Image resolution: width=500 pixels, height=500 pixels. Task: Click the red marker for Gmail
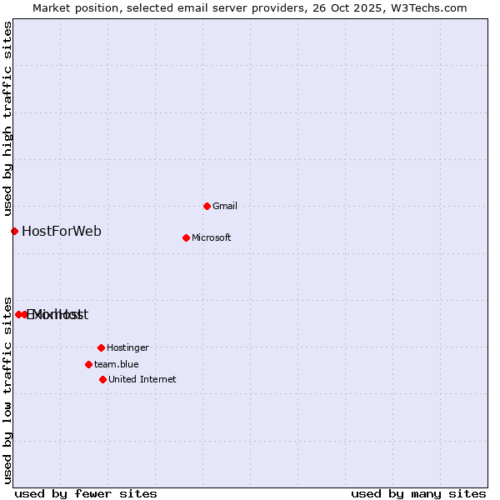pos(207,206)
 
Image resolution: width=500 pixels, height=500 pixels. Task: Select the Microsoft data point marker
pos(186,237)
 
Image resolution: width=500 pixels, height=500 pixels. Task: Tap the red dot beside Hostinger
pos(101,347)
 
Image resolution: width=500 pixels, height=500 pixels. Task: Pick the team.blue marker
pos(88,364)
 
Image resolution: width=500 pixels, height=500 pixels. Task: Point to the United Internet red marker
pos(102,379)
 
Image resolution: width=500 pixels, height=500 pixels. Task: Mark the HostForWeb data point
pos(14,231)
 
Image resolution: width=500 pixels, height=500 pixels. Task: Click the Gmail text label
pos(225,206)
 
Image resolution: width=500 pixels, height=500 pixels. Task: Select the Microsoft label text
pos(212,237)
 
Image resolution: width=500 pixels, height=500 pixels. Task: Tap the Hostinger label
pos(127,347)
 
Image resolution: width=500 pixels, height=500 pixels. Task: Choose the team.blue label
pos(117,364)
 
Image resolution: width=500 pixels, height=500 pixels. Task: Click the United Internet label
pos(142,379)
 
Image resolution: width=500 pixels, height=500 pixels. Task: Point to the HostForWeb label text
pos(62,231)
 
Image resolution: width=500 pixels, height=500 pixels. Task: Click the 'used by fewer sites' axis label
pos(86,493)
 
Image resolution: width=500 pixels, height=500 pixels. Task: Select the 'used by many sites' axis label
pos(418,493)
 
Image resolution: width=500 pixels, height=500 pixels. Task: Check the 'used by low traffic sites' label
pos(7,389)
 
